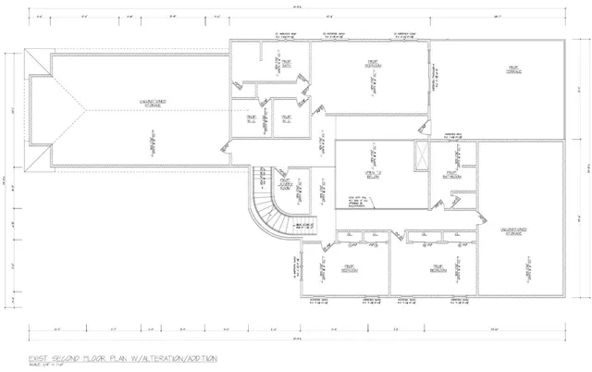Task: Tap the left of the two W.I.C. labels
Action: click(250, 118)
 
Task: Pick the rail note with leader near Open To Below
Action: click(359, 201)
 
